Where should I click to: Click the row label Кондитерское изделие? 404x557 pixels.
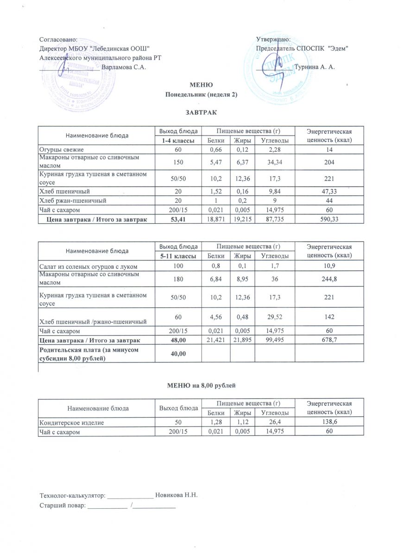point(71,423)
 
